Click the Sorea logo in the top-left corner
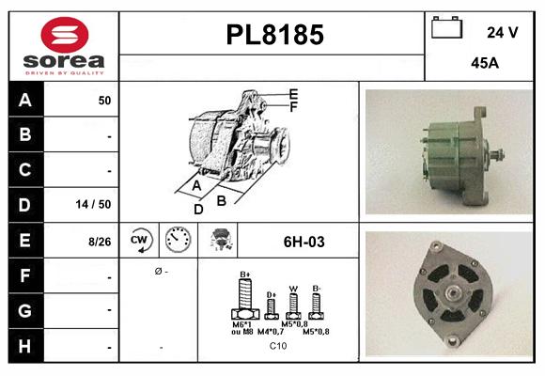point(63,46)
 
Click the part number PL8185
point(274,36)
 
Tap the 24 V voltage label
point(502,32)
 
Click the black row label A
point(24,100)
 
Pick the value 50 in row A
point(104,100)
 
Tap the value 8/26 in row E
point(99,242)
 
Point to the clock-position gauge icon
point(179,241)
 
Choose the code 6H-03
point(304,242)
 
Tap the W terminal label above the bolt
point(293,289)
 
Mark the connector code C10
point(278,346)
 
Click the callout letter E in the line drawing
point(293,94)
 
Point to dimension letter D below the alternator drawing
point(198,209)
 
